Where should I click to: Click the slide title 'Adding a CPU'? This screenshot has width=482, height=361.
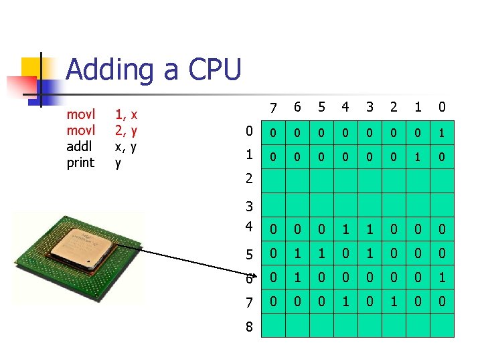pyautogui.click(x=153, y=70)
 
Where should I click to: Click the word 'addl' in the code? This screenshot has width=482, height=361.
pyautogui.click(x=80, y=146)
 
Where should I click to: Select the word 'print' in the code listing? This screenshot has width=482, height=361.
pyautogui.click(x=81, y=162)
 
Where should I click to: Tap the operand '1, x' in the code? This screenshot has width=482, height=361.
pyautogui.click(x=126, y=115)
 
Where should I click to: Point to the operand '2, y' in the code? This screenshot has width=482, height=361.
pyautogui.click(x=126, y=130)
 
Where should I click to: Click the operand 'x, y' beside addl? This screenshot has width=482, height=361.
pyautogui.click(x=126, y=146)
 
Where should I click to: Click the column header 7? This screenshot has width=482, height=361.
pyautogui.click(x=272, y=108)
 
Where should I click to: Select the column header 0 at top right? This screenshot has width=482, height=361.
pyautogui.click(x=441, y=108)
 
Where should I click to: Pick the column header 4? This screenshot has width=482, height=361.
pyautogui.click(x=345, y=108)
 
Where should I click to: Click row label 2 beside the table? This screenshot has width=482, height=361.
pyautogui.click(x=249, y=178)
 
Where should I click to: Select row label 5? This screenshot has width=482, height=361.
pyautogui.click(x=249, y=254)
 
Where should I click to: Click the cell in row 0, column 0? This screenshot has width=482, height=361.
pyautogui.click(x=441, y=134)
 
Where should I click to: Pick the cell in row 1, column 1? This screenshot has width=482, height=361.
pyautogui.click(x=417, y=158)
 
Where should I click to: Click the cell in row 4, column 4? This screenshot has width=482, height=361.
pyautogui.click(x=345, y=229)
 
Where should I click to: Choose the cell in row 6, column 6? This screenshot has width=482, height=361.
pyautogui.click(x=297, y=277)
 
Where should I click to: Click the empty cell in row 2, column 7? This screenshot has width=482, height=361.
pyautogui.click(x=272, y=181)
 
